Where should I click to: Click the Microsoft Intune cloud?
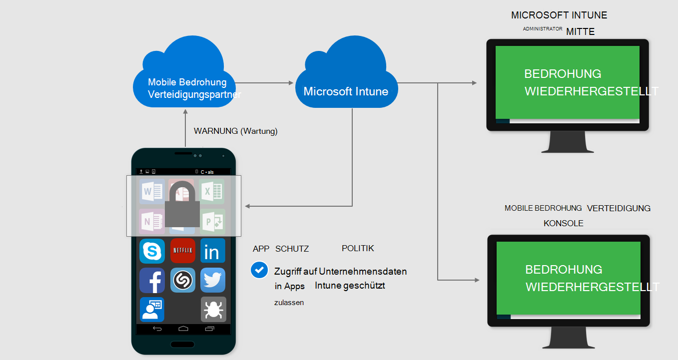[x=346, y=82]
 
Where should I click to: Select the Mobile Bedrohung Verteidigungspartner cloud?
[x=186, y=80]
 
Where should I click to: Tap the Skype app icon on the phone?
[x=152, y=251]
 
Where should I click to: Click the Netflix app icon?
[x=182, y=251]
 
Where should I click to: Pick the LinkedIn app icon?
[x=213, y=251]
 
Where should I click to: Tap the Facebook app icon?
[x=152, y=280]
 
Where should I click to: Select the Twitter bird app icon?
[x=213, y=280]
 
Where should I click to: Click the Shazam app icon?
[x=182, y=280]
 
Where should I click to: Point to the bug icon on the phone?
[x=213, y=310]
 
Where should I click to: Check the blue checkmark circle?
[x=259, y=270]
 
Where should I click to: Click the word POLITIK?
[x=358, y=248]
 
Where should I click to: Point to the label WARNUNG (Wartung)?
[x=235, y=131]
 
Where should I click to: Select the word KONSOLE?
[x=563, y=223]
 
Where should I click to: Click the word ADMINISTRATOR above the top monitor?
[x=543, y=29]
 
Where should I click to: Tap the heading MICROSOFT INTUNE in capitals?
[x=559, y=15]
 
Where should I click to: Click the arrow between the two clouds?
[x=264, y=83]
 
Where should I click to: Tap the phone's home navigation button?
[x=183, y=329]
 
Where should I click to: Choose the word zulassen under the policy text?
[x=289, y=303]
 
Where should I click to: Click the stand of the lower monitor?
[x=568, y=339]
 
